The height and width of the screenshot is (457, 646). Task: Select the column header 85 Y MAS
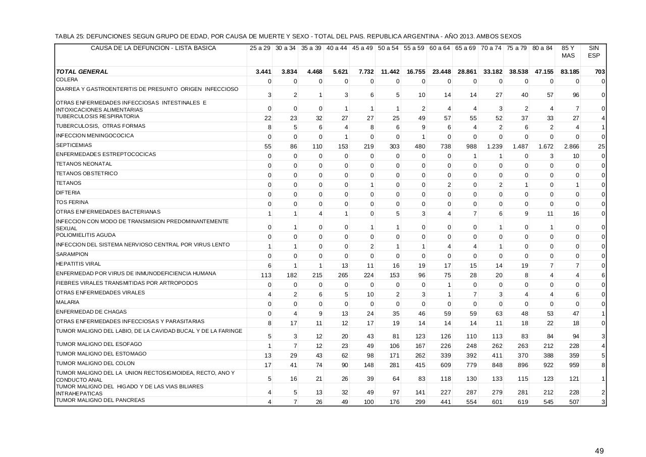click(568, 52)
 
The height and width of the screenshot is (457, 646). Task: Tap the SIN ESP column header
click(594, 52)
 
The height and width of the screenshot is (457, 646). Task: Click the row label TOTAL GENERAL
click(82, 72)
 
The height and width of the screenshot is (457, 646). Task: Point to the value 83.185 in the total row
click(568, 72)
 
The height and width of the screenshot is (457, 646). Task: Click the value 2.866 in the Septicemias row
click(571, 146)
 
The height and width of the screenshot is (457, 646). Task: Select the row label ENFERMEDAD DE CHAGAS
click(84, 312)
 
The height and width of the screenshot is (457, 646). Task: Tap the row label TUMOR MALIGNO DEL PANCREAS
click(100, 400)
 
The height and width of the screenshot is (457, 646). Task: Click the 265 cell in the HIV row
click(342, 275)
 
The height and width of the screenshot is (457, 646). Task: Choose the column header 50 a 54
click(388, 48)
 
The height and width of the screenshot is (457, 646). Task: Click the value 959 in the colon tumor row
click(574, 365)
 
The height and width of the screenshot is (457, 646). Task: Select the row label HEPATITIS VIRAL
click(78, 264)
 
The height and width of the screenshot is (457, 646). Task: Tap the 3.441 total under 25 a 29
click(263, 72)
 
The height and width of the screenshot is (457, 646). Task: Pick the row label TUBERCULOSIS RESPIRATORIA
click(90, 117)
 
